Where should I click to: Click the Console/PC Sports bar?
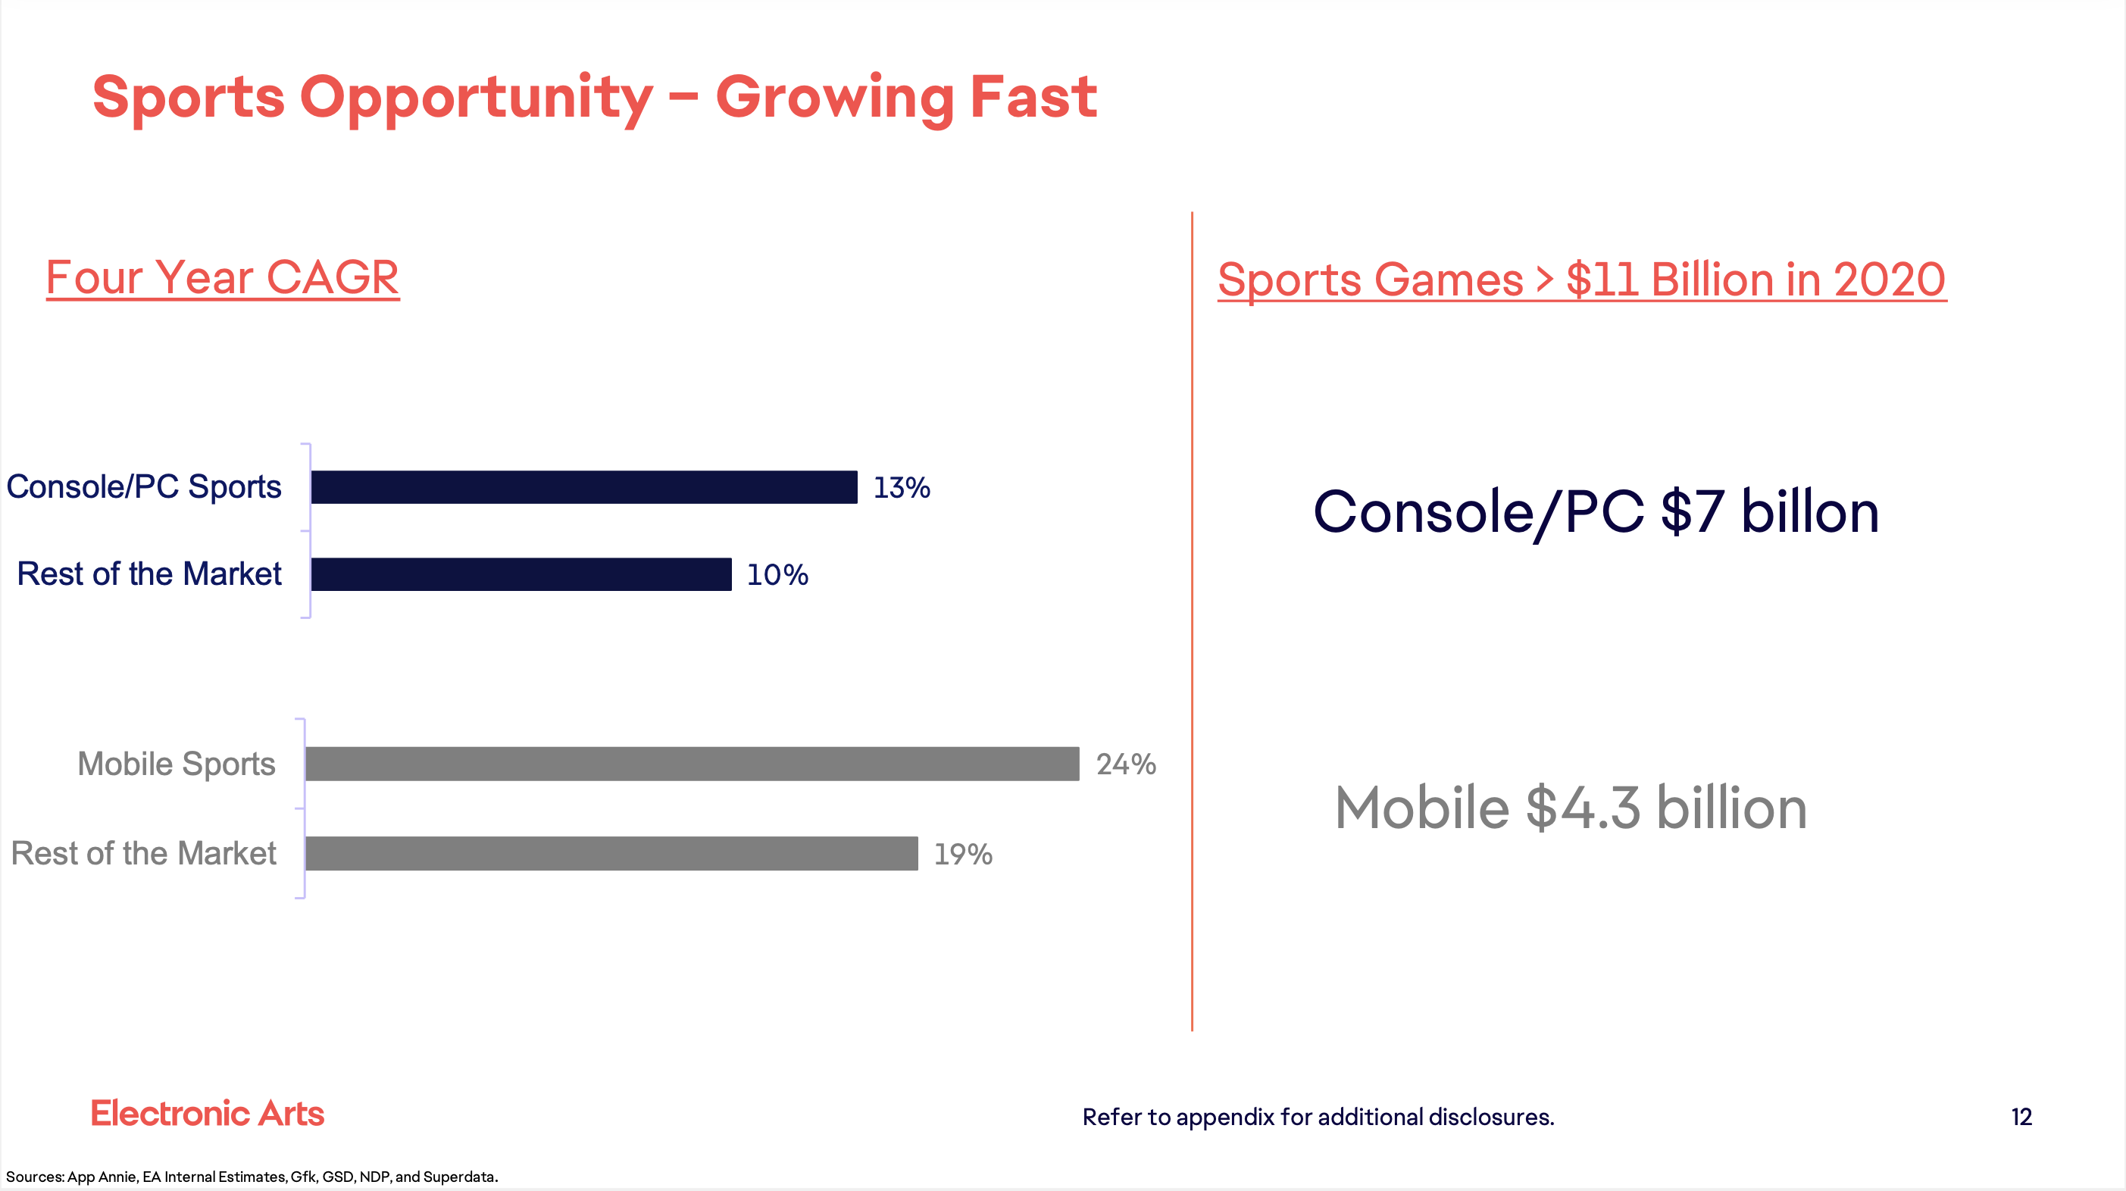pos(583,487)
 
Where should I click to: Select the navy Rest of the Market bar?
pos(521,574)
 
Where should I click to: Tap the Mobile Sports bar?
pos(692,764)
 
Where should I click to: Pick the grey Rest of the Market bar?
pos(611,853)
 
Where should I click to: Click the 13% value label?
pos(902,488)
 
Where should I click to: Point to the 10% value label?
pos(777,575)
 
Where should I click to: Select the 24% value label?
pos(1126,764)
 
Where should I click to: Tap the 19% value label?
pos(962,855)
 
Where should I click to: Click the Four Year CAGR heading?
pos(222,277)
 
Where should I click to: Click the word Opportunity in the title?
pos(477,98)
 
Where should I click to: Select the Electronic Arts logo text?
pos(207,1114)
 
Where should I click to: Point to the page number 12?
pos(2021,1117)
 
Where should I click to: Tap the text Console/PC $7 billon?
pos(1596,511)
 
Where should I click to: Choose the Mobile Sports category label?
pos(176,764)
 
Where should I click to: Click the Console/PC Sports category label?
pos(144,487)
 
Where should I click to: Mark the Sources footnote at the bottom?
pos(252,1177)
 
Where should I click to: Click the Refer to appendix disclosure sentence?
pos(1318,1117)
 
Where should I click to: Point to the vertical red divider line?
pos(1192,619)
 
